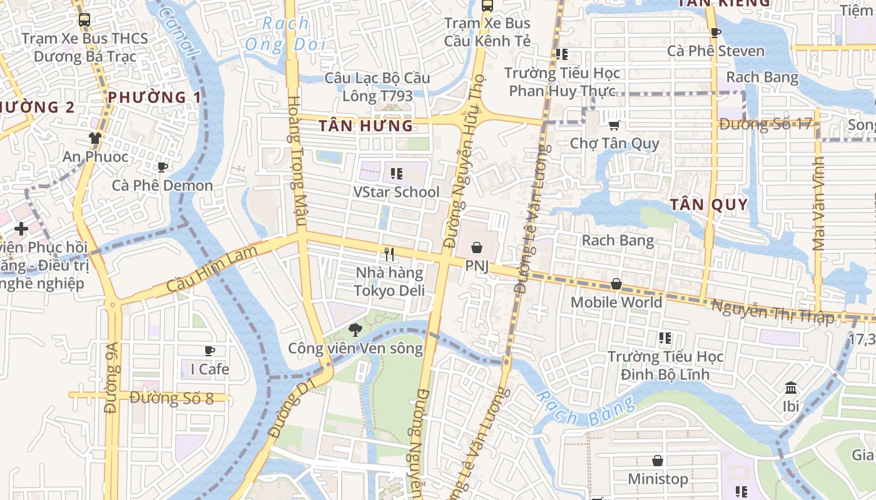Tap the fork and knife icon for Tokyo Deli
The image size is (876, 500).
(389, 254)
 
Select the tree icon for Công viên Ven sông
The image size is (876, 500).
(355, 329)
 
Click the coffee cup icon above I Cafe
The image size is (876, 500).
(210, 351)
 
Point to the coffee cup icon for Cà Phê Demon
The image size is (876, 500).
(162, 167)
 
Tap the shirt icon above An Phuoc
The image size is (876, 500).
(95, 137)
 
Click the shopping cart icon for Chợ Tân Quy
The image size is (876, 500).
(614, 125)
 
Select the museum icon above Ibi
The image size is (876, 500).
(791, 387)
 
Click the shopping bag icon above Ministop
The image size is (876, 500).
(658, 461)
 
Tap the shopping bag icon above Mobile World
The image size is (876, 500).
(616, 284)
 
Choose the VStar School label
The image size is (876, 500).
(396, 192)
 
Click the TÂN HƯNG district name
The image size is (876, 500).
(366, 126)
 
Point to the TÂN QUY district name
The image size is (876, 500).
(709, 204)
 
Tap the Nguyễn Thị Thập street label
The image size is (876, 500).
(773, 311)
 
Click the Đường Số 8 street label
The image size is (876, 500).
(172, 398)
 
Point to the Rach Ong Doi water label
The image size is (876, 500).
(285, 34)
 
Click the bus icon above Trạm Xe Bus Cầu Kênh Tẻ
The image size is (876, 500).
(487, 6)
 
